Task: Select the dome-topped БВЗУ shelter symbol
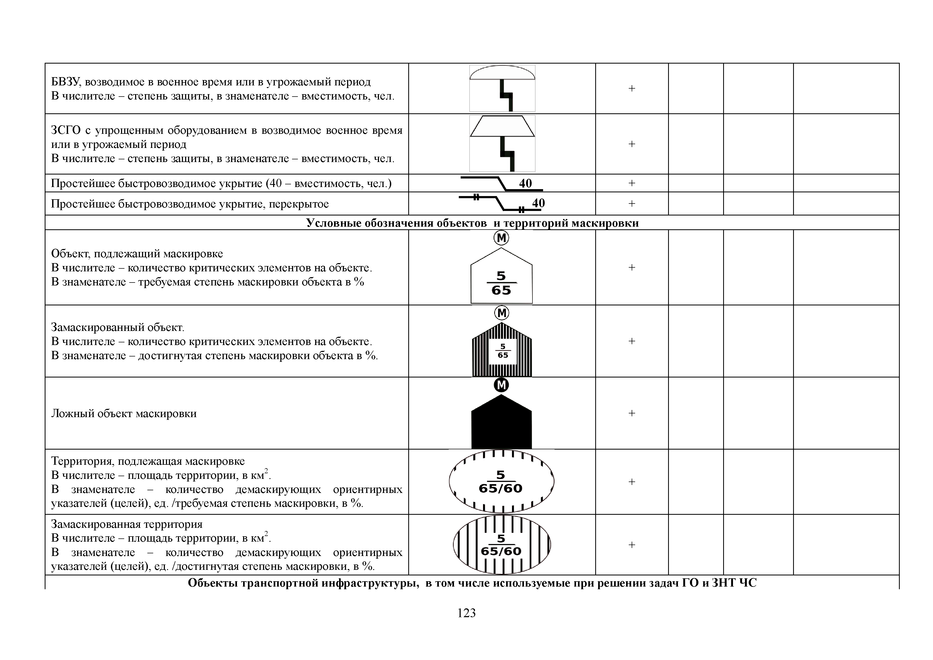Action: [502, 88]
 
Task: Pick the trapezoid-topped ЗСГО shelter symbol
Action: [502, 143]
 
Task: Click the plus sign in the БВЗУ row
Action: [631, 89]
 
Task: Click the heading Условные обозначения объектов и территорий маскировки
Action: [472, 223]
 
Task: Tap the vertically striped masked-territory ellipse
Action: [501, 545]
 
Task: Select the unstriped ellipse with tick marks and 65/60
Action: [501, 481]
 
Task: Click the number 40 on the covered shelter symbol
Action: [538, 203]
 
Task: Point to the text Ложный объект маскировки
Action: [124, 413]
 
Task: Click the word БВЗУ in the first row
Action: [66, 82]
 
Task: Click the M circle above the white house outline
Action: [501, 238]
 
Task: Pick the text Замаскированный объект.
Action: [118, 327]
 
